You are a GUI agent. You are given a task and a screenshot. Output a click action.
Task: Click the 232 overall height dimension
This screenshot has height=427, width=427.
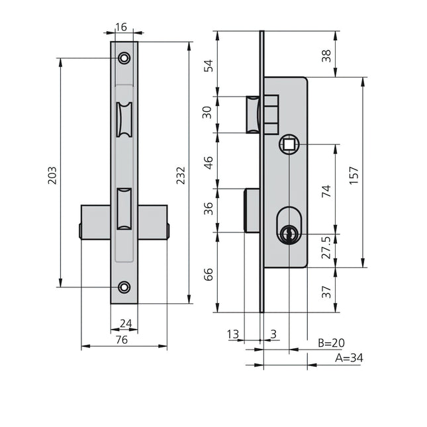click(181, 175)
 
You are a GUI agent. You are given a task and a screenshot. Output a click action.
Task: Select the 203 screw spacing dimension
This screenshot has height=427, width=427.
click(52, 175)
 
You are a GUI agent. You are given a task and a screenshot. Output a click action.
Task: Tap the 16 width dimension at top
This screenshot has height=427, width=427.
click(121, 27)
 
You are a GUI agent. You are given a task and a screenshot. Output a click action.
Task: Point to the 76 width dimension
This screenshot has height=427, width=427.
click(121, 340)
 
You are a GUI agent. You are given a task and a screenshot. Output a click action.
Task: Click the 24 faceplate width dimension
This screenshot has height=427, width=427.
click(126, 324)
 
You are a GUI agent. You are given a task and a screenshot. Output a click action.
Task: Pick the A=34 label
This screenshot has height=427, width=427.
click(349, 358)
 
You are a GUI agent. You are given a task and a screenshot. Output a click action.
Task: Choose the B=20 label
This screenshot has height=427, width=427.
click(332, 343)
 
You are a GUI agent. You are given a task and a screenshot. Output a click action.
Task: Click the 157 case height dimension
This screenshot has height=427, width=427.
click(354, 175)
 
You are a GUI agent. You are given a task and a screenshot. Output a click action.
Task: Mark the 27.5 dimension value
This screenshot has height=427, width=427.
click(326, 248)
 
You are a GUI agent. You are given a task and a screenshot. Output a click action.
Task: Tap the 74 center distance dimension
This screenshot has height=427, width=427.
click(326, 191)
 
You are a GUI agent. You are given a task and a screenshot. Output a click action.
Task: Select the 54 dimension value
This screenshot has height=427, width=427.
click(209, 66)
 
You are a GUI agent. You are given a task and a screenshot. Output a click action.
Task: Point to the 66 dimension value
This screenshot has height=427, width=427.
click(209, 274)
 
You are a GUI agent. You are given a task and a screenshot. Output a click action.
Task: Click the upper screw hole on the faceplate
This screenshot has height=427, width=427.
click(124, 58)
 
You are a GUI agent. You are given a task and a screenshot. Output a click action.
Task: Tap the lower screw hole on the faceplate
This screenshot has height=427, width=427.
click(124, 287)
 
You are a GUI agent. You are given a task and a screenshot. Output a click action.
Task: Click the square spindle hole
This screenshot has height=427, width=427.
click(289, 144)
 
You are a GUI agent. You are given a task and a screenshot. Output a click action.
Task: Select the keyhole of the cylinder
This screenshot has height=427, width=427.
click(289, 234)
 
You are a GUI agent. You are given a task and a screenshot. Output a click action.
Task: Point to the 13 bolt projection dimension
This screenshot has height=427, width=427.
click(233, 334)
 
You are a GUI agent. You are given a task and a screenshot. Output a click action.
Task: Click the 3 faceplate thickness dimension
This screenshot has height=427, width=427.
click(273, 334)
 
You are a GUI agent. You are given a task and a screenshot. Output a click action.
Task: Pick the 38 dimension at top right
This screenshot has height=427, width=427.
click(326, 56)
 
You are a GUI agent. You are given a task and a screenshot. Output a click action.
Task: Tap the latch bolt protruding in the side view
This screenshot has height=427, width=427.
click(253, 115)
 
